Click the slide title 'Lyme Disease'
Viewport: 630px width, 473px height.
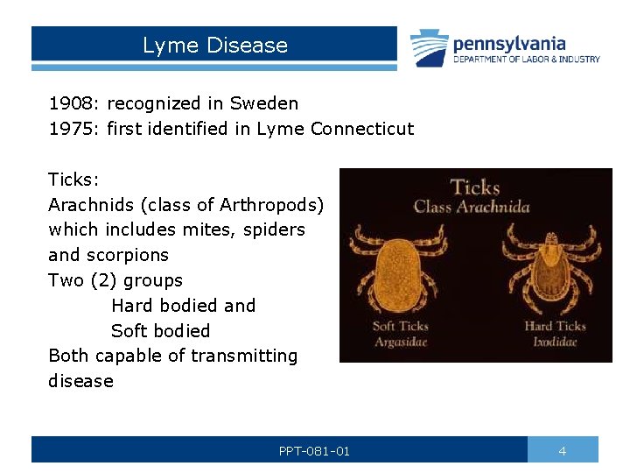(215, 46)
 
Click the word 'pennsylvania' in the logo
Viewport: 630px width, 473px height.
(508, 43)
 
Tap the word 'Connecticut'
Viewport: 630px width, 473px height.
(362, 129)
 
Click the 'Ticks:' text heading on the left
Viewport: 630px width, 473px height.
(74, 180)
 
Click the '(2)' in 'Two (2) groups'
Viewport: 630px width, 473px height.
(104, 280)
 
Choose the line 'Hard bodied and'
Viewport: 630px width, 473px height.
(184, 306)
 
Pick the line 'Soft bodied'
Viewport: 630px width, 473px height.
(161, 331)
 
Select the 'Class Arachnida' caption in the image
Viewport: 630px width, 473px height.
(472, 208)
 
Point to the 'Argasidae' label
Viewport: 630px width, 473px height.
(400, 342)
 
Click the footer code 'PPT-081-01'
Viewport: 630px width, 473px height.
(314, 451)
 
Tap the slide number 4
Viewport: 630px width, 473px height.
(563, 451)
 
